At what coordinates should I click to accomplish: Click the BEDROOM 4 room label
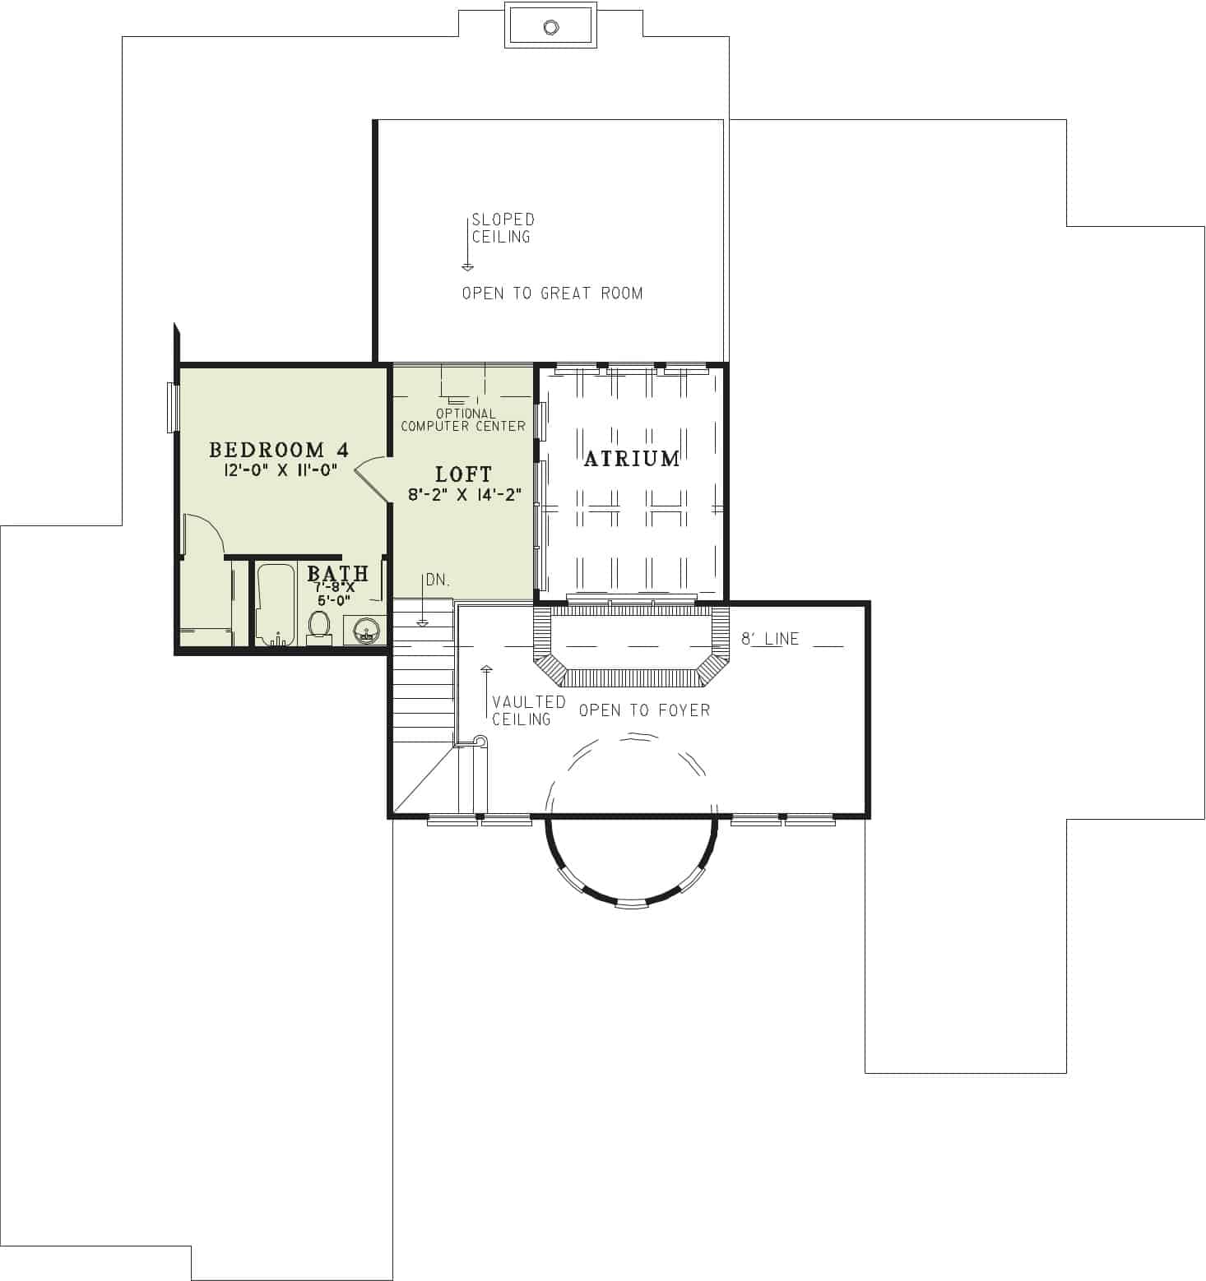point(279,450)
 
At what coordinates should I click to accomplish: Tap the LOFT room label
point(463,474)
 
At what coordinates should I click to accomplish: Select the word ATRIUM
point(632,459)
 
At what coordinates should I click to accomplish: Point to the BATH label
point(337,573)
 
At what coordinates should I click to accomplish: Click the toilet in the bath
point(318,625)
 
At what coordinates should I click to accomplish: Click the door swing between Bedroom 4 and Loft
point(372,478)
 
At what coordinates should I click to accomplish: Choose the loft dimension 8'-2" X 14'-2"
point(465,495)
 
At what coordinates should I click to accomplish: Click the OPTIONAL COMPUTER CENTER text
point(463,420)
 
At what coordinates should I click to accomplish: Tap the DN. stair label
point(438,580)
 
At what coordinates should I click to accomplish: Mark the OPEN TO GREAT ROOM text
point(552,294)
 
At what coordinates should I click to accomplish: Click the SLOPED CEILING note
point(502,229)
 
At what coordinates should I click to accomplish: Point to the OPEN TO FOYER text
point(644,710)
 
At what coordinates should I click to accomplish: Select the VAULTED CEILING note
point(527,710)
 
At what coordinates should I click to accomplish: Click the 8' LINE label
point(770,639)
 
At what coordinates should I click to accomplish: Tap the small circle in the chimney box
point(550,27)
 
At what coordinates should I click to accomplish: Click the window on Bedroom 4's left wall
point(173,407)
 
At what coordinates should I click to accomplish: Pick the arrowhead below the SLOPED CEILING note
point(467,266)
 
